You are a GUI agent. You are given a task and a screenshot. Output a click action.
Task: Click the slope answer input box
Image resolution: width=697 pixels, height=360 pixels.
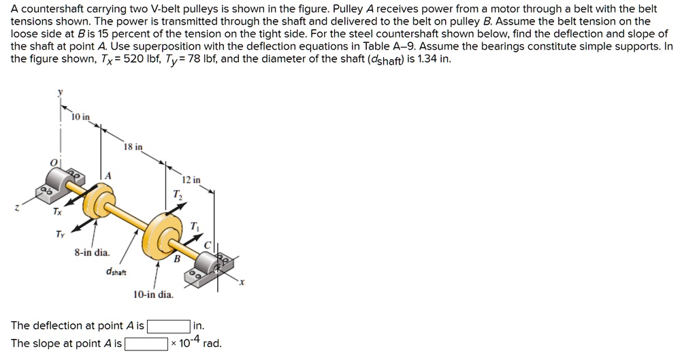[146, 344]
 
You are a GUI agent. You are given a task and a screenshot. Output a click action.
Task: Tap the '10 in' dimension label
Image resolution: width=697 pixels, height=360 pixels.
[80, 117]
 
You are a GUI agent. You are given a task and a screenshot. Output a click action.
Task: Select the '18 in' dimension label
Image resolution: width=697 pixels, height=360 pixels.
[133, 147]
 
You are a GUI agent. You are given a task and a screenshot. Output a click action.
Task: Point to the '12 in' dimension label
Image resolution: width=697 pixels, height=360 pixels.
[192, 180]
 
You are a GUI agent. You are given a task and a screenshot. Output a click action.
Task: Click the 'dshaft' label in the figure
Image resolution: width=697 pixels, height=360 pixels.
[115, 271]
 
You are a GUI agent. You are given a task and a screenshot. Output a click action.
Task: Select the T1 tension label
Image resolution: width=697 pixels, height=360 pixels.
[195, 226]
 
